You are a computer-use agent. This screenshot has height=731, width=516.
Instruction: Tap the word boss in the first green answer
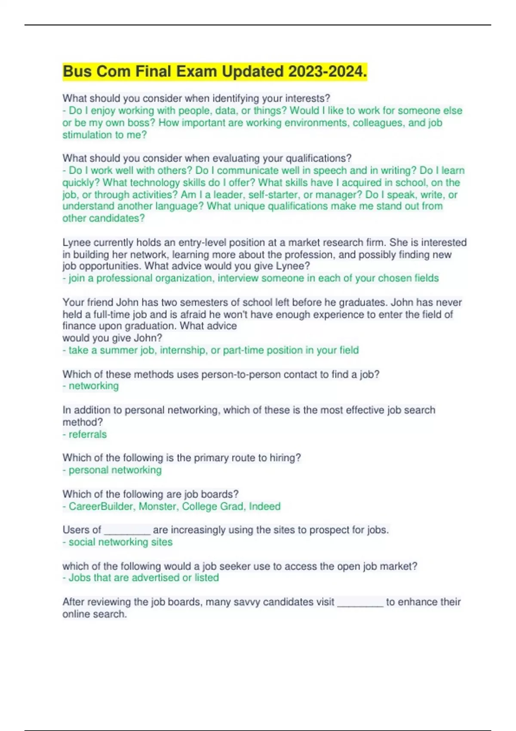tap(143, 123)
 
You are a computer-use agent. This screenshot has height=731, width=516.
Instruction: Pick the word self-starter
tap(273, 194)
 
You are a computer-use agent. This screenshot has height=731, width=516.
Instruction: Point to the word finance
tap(76, 326)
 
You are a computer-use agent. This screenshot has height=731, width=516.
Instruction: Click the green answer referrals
tap(88, 434)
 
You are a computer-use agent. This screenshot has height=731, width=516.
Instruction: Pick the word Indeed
tap(264, 507)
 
